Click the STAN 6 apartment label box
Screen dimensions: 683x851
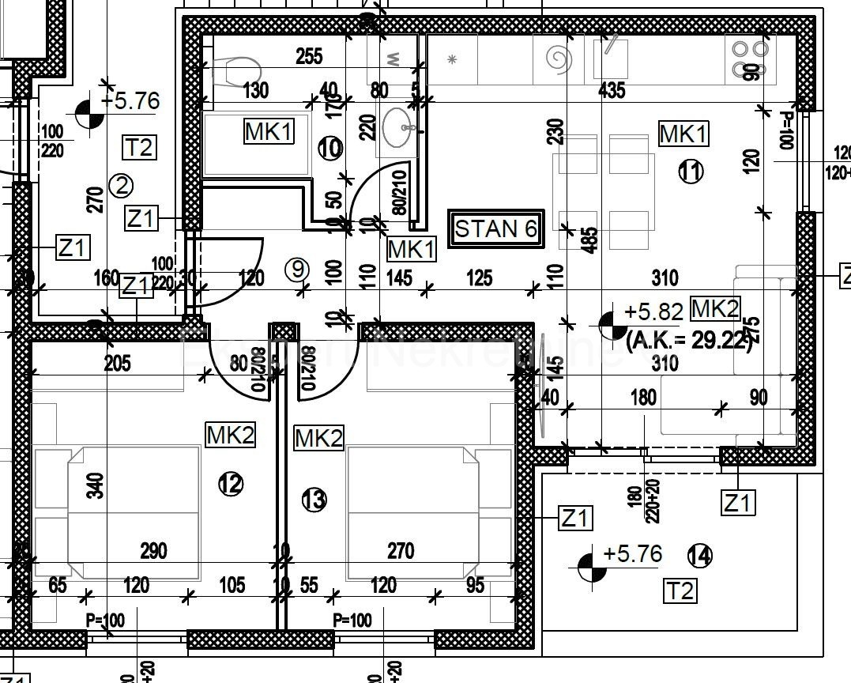[496, 229]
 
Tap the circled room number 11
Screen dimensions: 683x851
[691, 172]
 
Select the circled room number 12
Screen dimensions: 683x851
[231, 484]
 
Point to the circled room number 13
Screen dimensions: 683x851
[314, 500]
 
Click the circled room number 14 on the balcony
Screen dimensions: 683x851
[699, 556]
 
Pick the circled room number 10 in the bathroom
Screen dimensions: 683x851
[330, 148]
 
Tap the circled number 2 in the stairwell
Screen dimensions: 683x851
[121, 186]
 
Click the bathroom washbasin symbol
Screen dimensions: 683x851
[399, 127]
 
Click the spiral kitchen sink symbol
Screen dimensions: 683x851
[559, 59]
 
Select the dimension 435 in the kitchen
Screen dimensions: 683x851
[612, 90]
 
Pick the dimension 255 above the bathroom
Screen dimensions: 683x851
[308, 56]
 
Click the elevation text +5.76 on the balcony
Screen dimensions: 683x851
[632, 554]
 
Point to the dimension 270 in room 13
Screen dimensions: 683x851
[401, 549]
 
